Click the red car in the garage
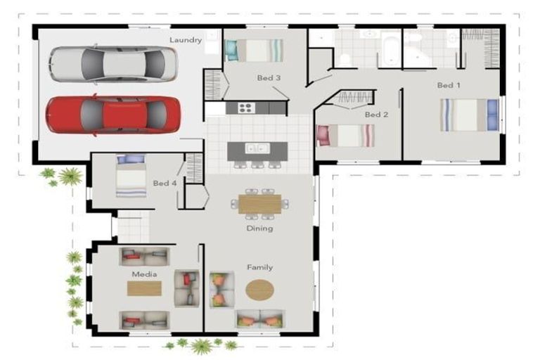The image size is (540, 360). (x=113, y=115)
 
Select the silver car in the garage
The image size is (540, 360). (x=114, y=64)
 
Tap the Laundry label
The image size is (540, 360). (x=186, y=40)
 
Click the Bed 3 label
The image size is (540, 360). (x=269, y=78)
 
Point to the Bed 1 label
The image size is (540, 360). (x=449, y=85)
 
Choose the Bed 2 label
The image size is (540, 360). (x=376, y=115)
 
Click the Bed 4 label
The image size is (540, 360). (x=165, y=183)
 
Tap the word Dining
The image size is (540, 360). (x=259, y=229)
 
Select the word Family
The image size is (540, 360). (x=260, y=267)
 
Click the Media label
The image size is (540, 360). (x=144, y=274)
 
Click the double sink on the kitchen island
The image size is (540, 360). (x=257, y=148)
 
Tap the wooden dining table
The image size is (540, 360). (x=260, y=204)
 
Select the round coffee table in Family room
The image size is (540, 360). (x=259, y=290)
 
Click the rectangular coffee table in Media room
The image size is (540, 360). (x=144, y=289)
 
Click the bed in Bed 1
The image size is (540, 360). (x=470, y=115)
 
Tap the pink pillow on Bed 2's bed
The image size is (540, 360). (x=323, y=136)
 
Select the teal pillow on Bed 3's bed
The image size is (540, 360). (x=231, y=51)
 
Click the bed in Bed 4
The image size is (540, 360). (x=131, y=176)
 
